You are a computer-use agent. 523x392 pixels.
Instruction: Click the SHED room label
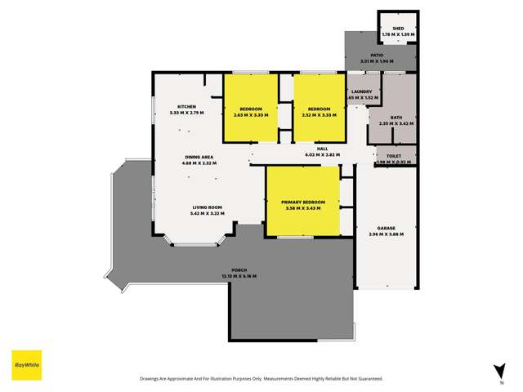coord(398,29)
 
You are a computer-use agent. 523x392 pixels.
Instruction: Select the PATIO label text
coord(377,55)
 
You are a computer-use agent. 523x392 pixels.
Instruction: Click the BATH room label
coord(396,118)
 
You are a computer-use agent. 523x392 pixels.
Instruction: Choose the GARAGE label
coord(387,229)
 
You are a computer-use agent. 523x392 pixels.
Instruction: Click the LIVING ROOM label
coord(208,207)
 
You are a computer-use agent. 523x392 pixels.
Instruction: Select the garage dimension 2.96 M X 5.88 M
coord(387,234)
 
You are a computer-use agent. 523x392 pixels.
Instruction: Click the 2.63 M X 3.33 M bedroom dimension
coord(251,115)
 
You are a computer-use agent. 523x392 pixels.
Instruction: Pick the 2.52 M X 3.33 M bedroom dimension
coord(319,115)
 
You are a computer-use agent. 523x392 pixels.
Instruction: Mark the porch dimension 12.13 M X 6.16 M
coord(239,277)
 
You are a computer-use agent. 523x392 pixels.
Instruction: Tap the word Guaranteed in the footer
coord(368,379)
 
